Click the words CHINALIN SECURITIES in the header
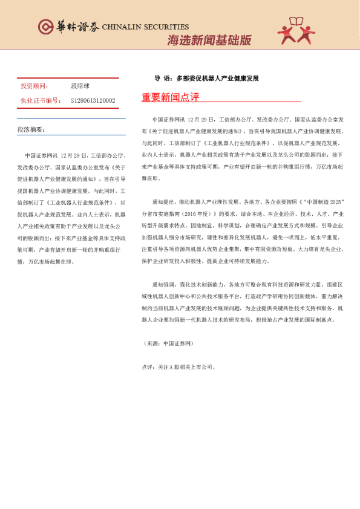tap(145, 27)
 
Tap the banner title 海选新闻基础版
tap(209, 41)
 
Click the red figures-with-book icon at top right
tap(299, 30)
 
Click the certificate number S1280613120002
tap(93, 100)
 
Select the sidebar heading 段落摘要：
tap(31, 130)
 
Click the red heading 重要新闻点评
tap(170, 98)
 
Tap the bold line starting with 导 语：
tap(206, 79)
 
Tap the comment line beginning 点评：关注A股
tap(178, 366)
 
